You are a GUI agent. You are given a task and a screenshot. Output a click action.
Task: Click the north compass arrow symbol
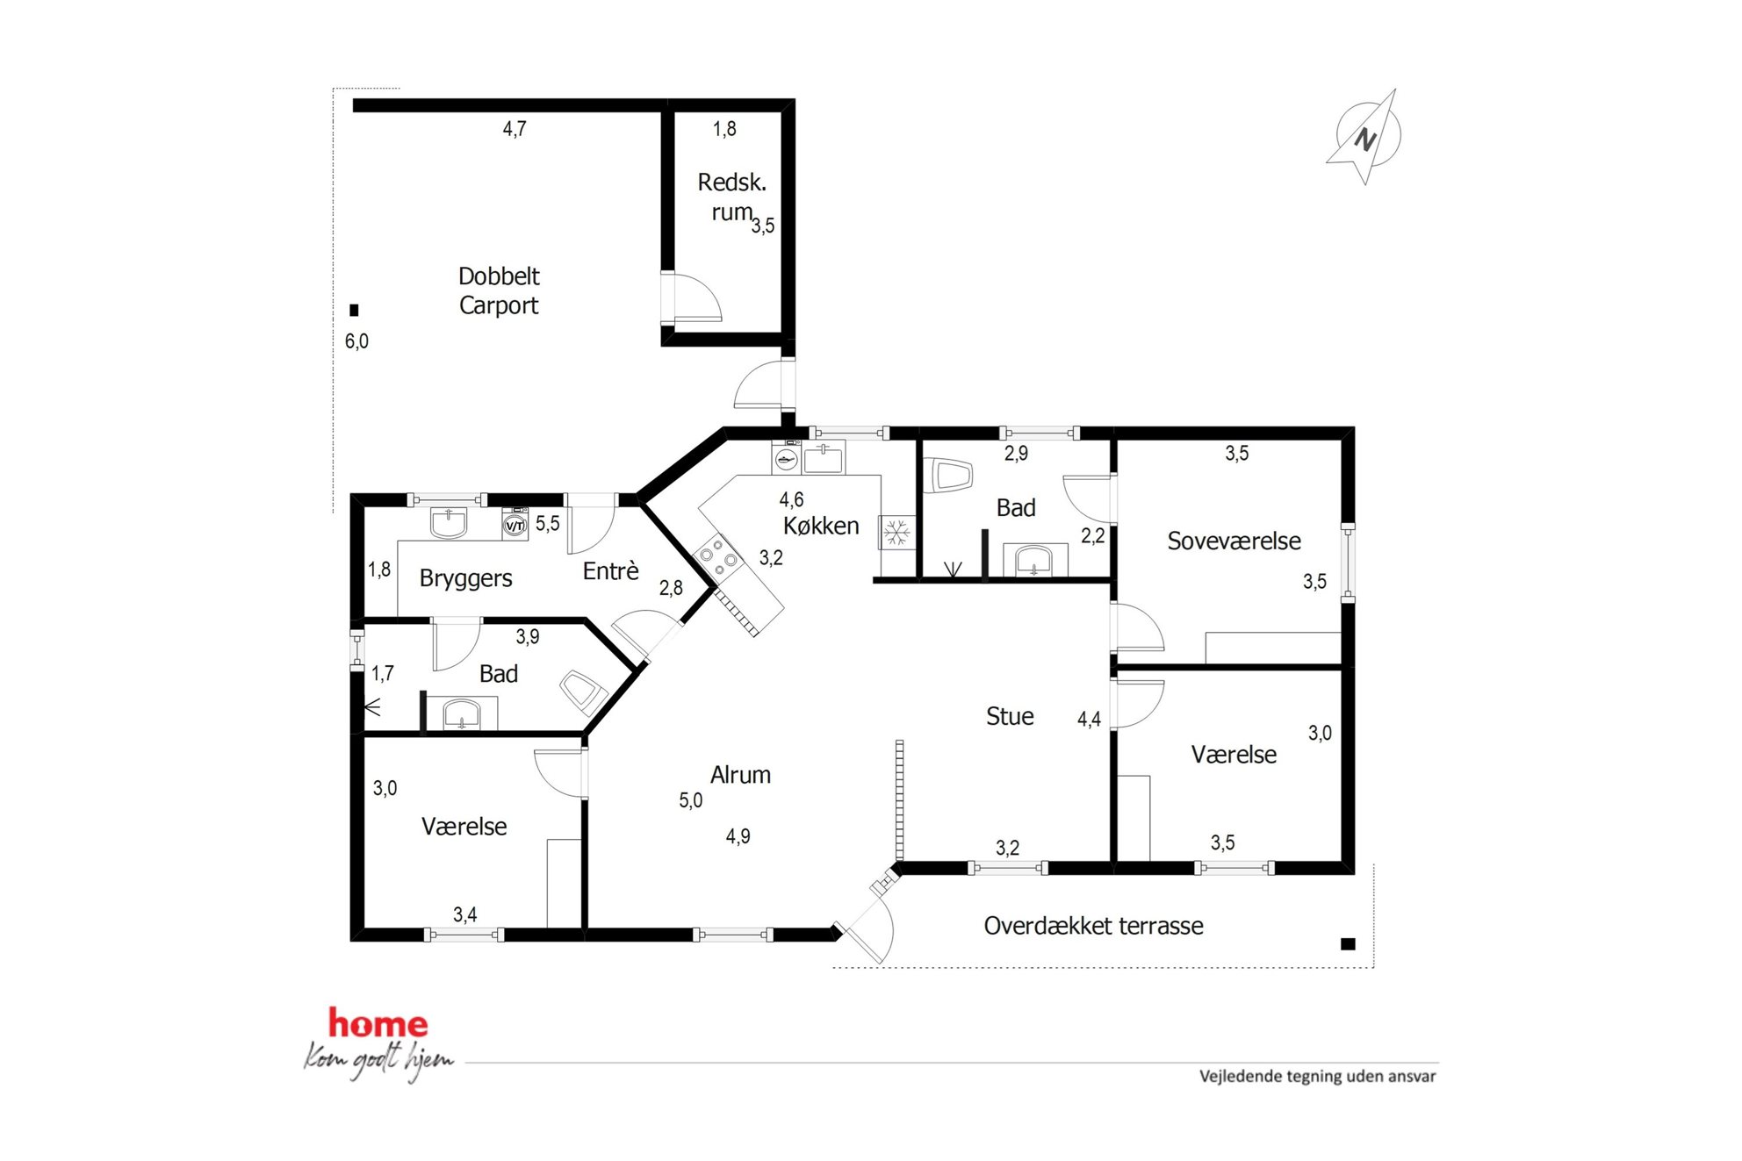point(1366,137)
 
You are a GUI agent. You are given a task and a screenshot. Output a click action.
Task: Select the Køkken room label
point(821,526)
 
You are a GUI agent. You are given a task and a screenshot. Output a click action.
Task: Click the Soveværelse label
point(1234,541)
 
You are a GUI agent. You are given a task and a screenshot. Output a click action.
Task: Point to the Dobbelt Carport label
point(499,290)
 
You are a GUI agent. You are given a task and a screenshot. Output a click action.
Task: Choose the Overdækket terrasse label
point(1093,926)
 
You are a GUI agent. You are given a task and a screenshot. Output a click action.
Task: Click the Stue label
point(1010,716)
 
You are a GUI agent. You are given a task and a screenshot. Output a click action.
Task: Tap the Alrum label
point(740,775)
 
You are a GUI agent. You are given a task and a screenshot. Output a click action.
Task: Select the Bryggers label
point(465,578)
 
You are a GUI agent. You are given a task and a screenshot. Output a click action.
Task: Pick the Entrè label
point(610,571)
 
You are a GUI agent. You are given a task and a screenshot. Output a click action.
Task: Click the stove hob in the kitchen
point(719,556)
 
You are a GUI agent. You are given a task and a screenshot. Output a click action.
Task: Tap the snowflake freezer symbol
point(896,532)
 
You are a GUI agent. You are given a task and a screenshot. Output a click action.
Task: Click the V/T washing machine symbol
point(515,526)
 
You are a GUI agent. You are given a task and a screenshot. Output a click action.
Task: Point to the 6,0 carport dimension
point(356,341)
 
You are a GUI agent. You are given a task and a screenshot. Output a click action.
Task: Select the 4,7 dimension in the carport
point(515,129)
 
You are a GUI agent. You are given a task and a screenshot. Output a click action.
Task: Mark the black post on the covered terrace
point(1348,944)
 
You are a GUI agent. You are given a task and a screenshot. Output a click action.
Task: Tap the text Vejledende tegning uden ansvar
point(1318,1076)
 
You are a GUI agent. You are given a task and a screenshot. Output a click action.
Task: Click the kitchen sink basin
point(823,458)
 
